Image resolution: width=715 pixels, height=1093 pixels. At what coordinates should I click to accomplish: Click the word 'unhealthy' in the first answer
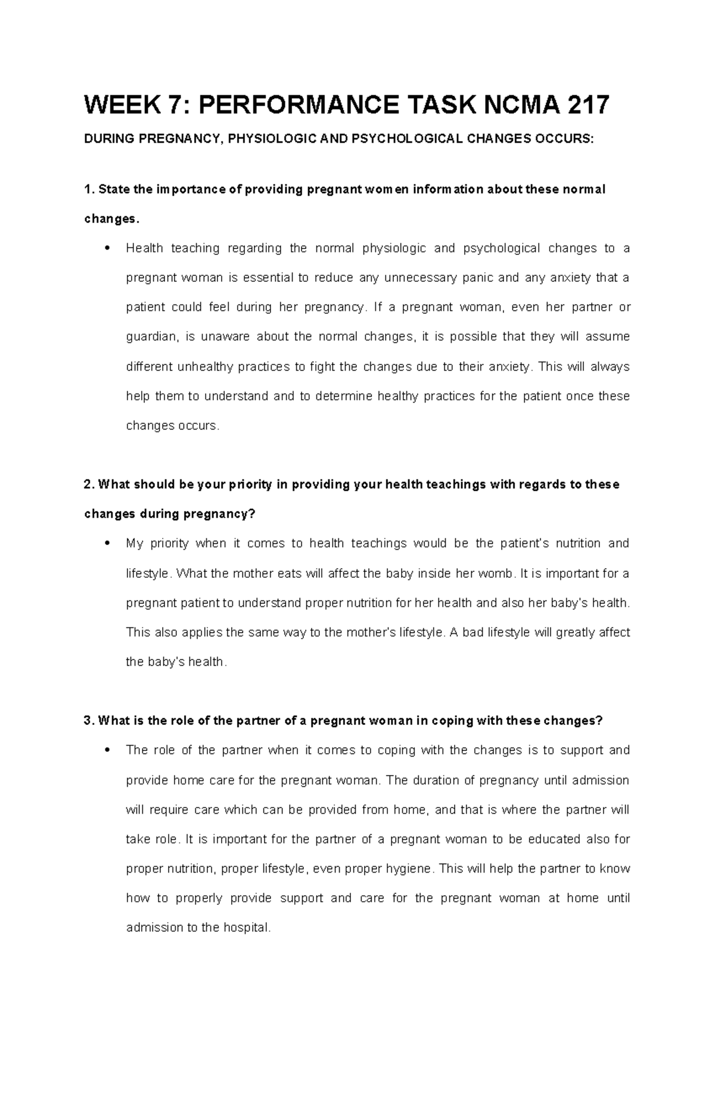(206, 367)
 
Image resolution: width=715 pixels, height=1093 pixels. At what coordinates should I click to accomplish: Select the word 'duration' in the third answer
(437, 780)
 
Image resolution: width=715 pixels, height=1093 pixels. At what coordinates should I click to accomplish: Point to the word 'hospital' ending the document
(246, 928)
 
